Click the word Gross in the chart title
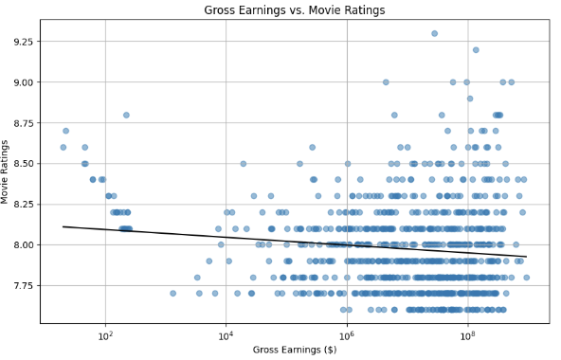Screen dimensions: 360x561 tap(221, 10)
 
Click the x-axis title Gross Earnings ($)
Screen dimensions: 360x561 tap(294, 350)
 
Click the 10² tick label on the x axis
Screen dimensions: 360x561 tap(105, 334)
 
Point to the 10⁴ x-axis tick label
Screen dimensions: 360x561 tap(226, 334)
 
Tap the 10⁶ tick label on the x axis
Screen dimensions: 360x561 tap(347, 334)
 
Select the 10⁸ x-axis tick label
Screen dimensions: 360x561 tap(467, 334)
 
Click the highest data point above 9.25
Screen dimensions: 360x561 tap(434, 33)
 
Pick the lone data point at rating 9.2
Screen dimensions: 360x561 tap(476, 50)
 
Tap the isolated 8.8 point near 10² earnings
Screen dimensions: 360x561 tap(126, 115)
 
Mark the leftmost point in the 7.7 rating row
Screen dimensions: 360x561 tap(172, 293)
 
